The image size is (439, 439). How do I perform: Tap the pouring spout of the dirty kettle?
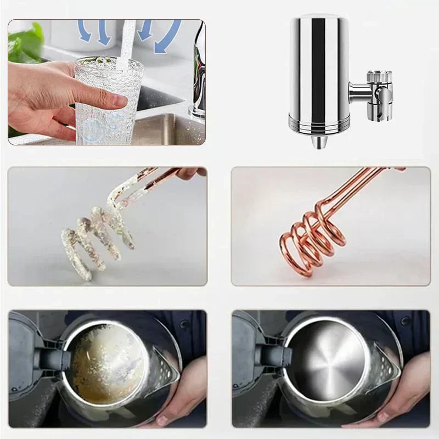click(x=165, y=365)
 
